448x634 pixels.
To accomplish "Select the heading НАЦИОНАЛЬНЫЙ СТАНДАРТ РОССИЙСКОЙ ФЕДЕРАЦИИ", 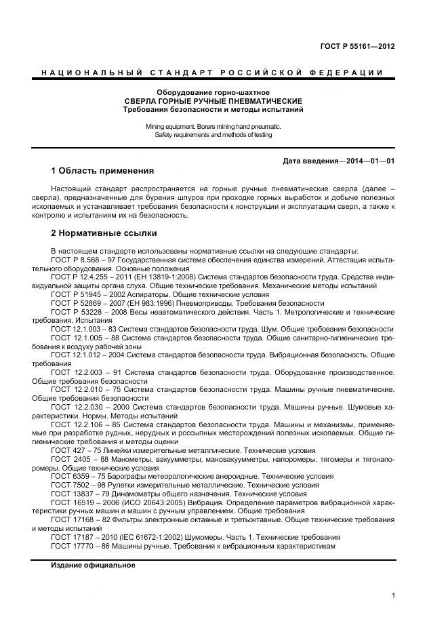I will coord(213,73).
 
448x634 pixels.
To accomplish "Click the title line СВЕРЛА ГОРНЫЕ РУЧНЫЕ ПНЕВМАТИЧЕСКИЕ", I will coord(213,100).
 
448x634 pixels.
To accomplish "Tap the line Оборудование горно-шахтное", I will coord(213,92).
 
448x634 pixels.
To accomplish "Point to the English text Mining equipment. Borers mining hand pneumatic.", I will coord(213,126).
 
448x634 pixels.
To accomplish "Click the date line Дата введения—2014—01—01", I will coord(339,161).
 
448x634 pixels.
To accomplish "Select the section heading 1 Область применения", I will coord(102,170).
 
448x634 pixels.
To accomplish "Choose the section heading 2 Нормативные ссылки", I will coord(104,233).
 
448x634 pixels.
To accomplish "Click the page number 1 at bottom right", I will coord(393,595).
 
